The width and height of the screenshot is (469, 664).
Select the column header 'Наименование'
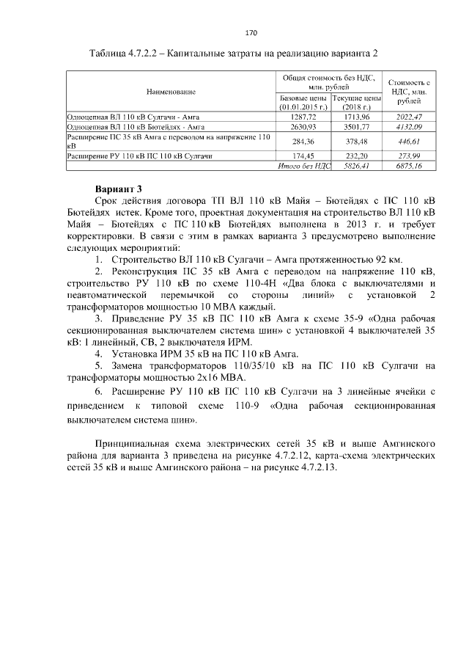[170, 91]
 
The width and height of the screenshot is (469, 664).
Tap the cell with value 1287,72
[303, 117]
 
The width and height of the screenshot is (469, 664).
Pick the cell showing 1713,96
[356, 117]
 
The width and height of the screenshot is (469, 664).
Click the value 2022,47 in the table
[409, 117]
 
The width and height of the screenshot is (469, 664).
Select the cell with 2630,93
[303, 127]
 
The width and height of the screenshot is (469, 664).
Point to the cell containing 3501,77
[356, 127]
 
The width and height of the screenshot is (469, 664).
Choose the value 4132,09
[409, 127]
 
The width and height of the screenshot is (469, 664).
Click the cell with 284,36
[303, 142]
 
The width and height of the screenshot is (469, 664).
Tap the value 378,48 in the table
[356, 142]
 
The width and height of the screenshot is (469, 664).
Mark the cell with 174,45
[303, 156]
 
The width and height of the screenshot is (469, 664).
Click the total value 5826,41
[356, 167]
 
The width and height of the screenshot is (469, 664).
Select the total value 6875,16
[409, 167]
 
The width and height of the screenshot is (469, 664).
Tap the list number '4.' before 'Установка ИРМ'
[99, 354]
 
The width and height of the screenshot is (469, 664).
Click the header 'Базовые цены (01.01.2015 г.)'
[303, 102]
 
